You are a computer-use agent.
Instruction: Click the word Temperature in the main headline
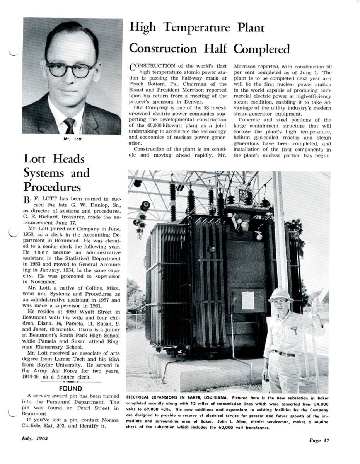197,28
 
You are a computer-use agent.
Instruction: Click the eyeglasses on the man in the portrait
70,70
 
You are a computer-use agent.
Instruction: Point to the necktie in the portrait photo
70,125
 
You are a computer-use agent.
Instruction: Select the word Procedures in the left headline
52,187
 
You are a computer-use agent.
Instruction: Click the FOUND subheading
70,388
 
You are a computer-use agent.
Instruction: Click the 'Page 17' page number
319,440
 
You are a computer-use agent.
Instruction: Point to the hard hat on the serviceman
280,295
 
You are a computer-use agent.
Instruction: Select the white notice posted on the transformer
248,300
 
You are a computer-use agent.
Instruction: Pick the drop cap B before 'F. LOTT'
26,200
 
